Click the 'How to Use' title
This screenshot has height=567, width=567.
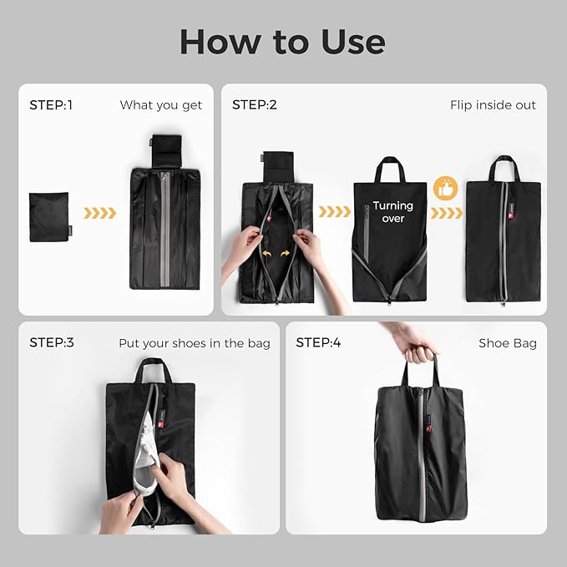[282, 40]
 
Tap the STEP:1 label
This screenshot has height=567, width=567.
[51, 105]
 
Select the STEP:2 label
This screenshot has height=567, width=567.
[254, 105]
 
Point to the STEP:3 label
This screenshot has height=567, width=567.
[51, 342]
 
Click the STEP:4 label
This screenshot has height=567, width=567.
[318, 342]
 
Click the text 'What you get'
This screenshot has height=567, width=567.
[161, 105]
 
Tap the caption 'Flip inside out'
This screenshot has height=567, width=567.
[493, 105]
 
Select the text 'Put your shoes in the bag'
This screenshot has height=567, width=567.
[195, 343]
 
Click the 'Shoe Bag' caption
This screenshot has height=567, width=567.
[508, 343]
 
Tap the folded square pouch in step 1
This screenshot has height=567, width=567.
[48, 217]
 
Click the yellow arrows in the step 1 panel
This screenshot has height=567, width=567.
[100, 213]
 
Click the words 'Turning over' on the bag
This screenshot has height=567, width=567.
[392, 211]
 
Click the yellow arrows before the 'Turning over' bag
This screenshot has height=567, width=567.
[336, 212]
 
